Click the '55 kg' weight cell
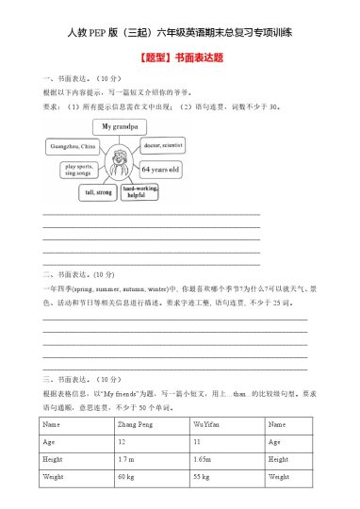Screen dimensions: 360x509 (201, 478)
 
